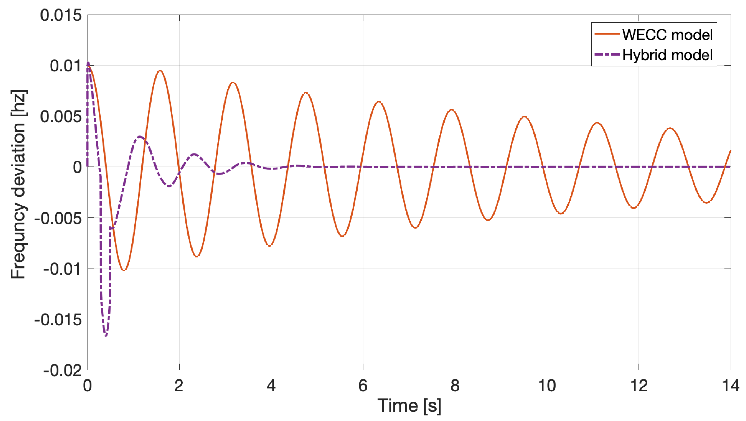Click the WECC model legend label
coord(667,35)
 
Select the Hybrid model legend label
coord(667,55)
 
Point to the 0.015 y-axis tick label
coord(61,15)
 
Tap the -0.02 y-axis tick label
coord(63,370)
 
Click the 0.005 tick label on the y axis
coord(61,116)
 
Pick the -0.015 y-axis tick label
coord(58,320)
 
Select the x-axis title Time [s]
coord(409,405)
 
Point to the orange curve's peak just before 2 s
coord(160,71)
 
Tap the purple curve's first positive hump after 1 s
coord(140,137)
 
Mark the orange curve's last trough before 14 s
coord(707,202)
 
